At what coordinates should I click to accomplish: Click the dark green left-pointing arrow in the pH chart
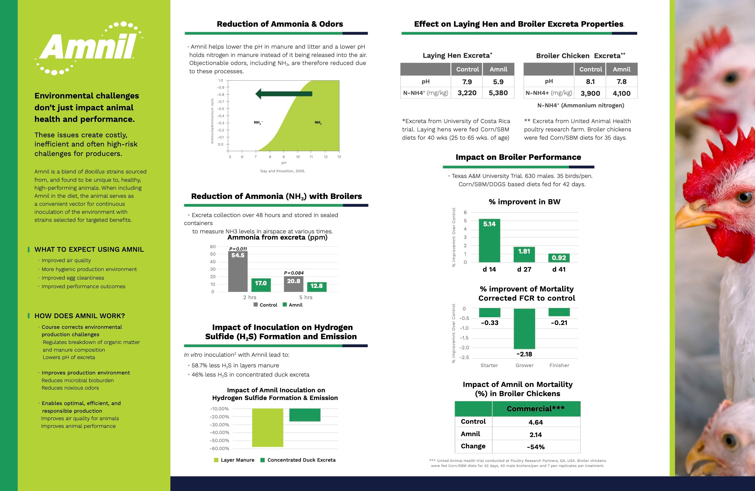[284, 93]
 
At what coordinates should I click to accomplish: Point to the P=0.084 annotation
[294, 273]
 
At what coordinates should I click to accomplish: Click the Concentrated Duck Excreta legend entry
[298, 460]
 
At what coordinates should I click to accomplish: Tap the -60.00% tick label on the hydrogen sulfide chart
[219, 449]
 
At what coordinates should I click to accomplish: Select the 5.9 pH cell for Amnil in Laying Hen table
[498, 82]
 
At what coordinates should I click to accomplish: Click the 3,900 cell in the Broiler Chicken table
[590, 93]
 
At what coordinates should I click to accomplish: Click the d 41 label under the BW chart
[559, 270]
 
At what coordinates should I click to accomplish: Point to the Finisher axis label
[559, 366]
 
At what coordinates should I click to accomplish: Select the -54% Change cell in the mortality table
[535, 447]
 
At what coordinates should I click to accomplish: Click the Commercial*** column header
[535, 409]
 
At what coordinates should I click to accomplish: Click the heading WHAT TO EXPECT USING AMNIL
[89, 249]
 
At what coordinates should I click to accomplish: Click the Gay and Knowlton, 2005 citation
[283, 171]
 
